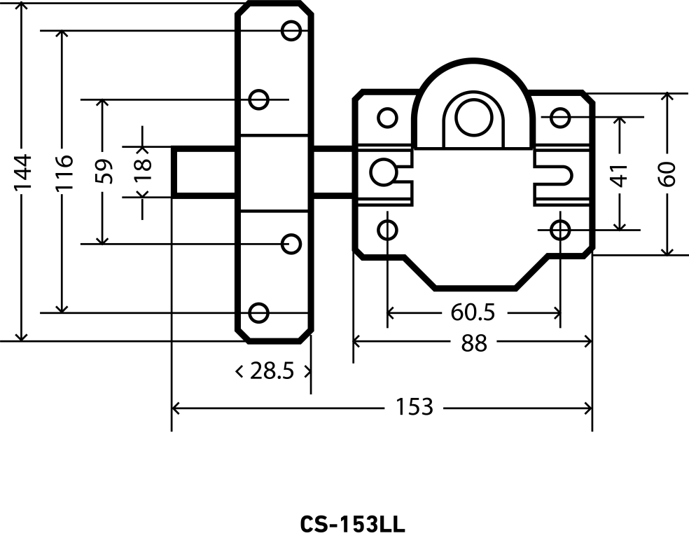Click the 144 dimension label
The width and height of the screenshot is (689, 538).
[x=23, y=172]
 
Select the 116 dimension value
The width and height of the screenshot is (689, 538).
[x=63, y=172]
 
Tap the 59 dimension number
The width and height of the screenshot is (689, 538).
[x=103, y=172]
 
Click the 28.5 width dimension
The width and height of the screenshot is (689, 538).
[x=272, y=371]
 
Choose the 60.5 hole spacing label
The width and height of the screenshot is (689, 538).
[x=473, y=312]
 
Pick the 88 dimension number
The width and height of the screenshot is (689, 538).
[x=474, y=343]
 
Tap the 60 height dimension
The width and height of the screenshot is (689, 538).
[x=667, y=173]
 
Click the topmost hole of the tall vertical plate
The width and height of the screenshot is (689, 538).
[x=291, y=30]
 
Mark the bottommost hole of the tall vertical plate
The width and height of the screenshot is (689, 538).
[x=259, y=312]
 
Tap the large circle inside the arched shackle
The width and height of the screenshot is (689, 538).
[x=471, y=117]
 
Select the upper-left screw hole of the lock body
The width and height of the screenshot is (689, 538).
[x=387, y=117]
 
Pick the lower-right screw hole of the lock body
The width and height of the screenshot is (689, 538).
[x=560, y=229]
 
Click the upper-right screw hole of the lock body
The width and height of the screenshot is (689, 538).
[x=560, y=117]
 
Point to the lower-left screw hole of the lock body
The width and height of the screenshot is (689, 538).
[x=387, y=229]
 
